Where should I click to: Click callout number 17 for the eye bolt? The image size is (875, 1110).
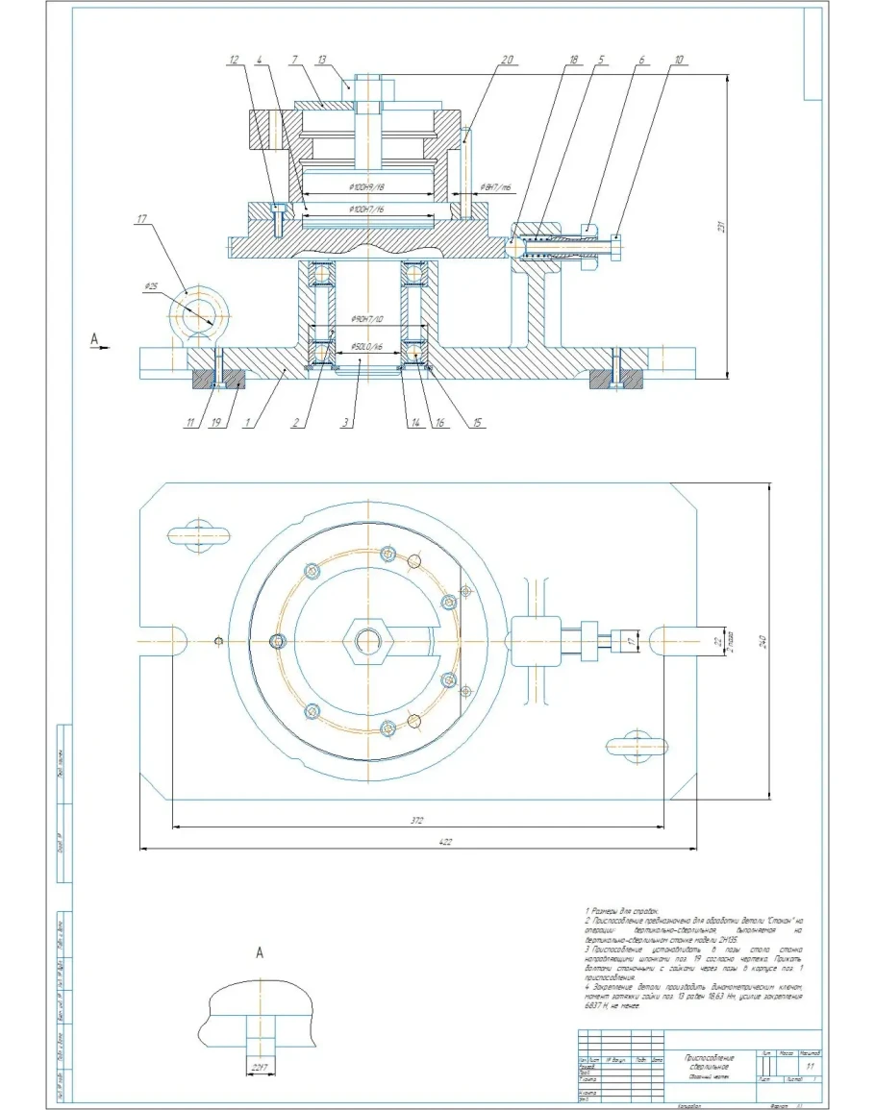(x=143, y=220)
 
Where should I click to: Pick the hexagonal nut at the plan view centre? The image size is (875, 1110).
(x=366, y=640)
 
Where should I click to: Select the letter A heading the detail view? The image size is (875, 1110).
(x=260, y=952)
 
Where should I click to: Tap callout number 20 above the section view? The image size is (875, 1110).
(x=508, y=60)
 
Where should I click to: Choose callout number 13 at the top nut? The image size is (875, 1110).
(x=348, y=60)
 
